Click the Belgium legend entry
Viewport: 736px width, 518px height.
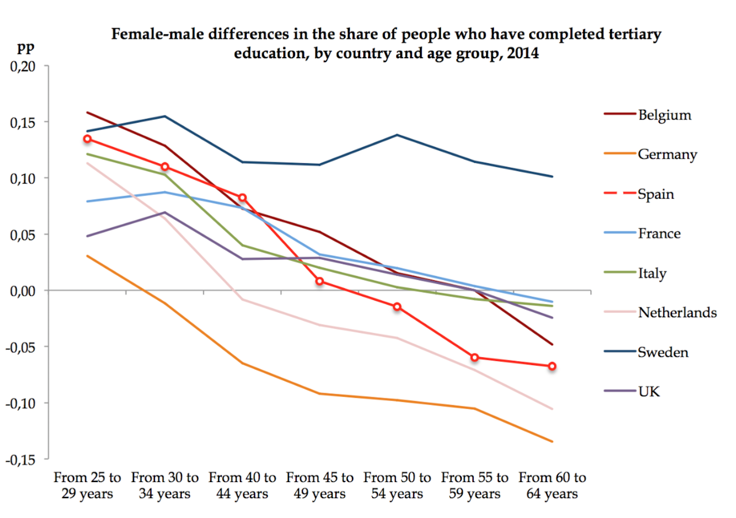click(664, 115)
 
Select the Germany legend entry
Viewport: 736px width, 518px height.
click(667, 154)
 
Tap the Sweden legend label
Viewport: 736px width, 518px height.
click(663, 352)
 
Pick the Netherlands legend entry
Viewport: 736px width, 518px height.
click(677, 313)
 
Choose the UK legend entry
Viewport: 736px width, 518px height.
click(649, 392)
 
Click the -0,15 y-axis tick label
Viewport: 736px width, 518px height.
click(21, 460)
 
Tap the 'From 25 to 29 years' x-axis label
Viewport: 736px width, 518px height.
click(87, 485)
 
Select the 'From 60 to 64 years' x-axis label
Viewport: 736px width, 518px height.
click(552, 485)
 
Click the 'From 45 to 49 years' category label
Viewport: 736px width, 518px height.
click(320, 485)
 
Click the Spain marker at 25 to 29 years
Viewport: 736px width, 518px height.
click(87, 139)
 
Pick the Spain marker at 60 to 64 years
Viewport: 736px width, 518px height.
click(552, 366)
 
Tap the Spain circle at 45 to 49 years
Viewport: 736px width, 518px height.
click(320, 281)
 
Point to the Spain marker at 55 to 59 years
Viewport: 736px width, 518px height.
click(475, 358)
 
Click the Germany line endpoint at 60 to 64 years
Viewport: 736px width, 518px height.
click(552, 442)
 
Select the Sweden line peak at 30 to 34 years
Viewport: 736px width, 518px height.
click(165, 116)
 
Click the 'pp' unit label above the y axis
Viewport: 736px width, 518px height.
click(26, 48)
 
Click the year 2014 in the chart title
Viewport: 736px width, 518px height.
click(523, 53)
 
